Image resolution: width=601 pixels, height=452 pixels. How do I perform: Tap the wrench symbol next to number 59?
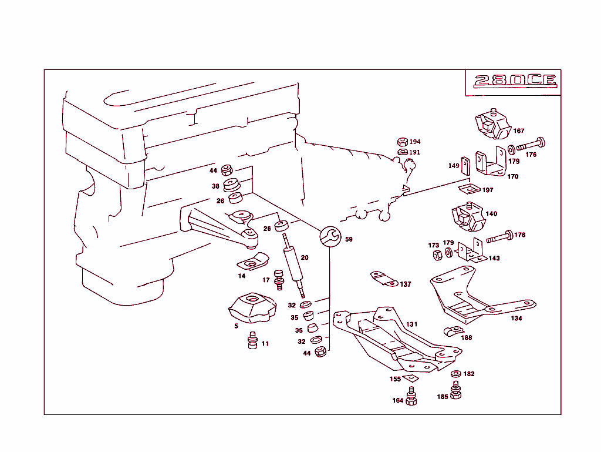coord(329,236)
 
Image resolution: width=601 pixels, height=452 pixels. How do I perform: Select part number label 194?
coord(415,142)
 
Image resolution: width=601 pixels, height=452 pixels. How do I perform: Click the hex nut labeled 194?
coord(402,142)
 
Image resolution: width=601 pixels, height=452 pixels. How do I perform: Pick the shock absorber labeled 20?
coord(293,265)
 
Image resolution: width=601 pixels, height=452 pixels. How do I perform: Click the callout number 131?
coord(412,324)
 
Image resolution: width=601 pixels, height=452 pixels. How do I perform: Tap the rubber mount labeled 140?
coord(468,218)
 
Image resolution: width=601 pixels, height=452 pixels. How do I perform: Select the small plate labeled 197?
coord(467,188)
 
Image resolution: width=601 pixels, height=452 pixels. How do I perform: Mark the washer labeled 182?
coord(455,374)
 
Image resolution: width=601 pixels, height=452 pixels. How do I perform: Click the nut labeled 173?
coord(437,255)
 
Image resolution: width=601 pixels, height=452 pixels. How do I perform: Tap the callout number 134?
coord(516,319)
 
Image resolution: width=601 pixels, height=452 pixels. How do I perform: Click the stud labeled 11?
coord(253,340)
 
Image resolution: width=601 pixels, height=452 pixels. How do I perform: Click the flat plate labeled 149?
coord(465,166)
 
